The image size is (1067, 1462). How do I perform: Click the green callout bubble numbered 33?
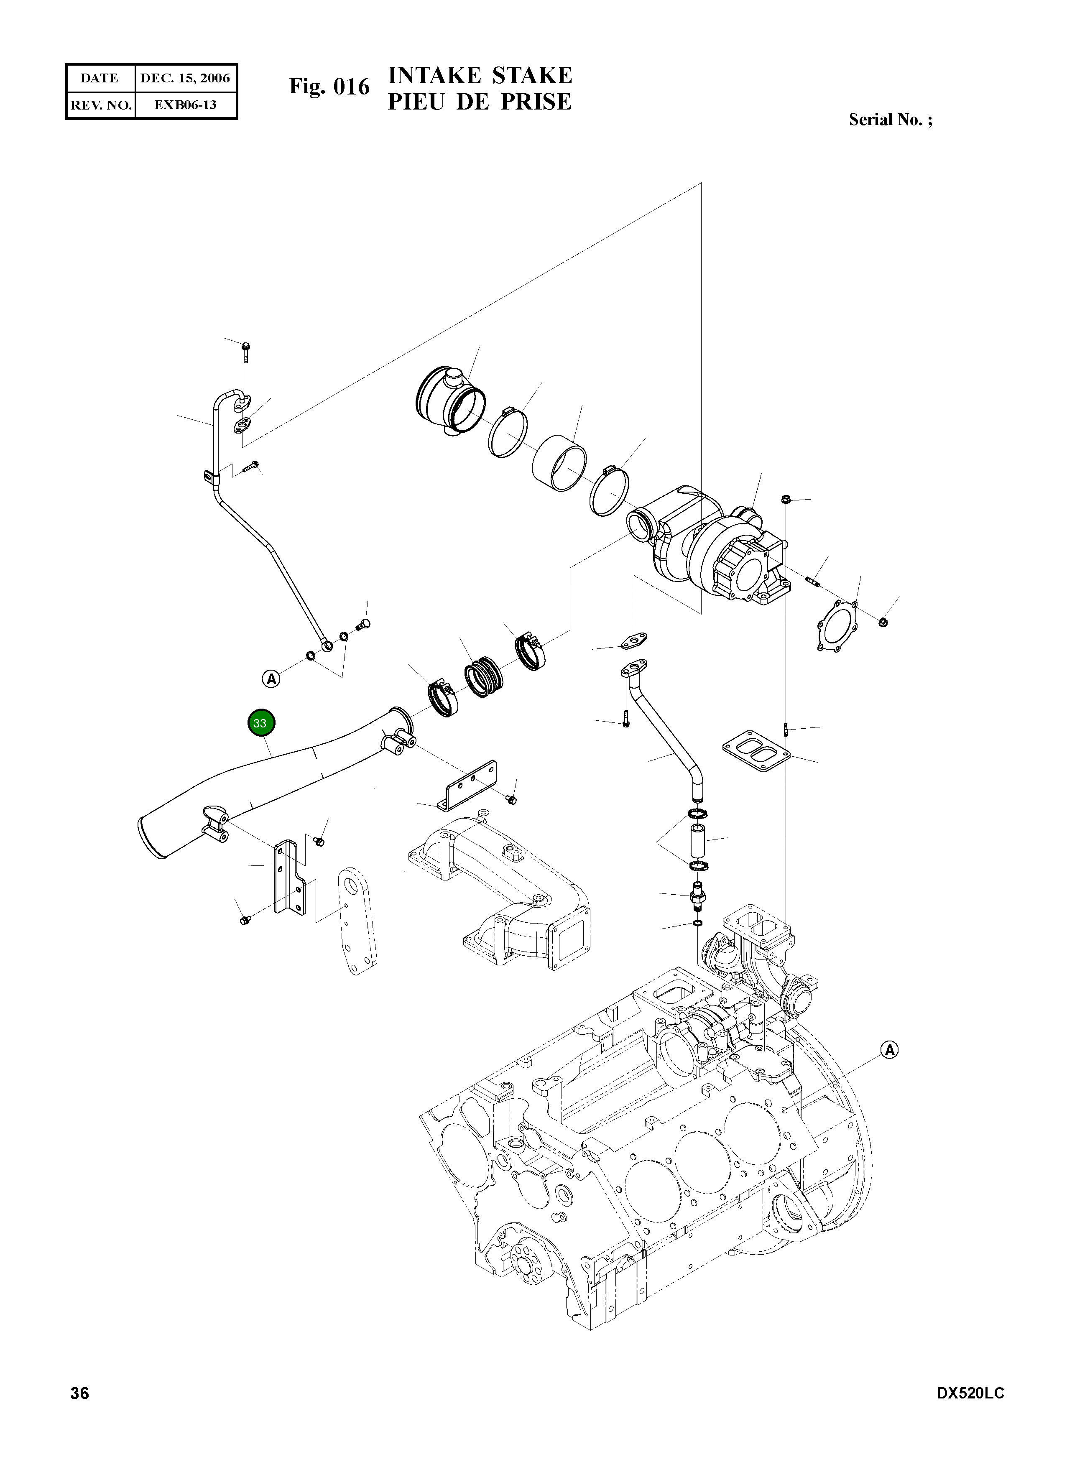pyautogui.click(x=260, y=723)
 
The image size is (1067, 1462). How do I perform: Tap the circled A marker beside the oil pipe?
pyautogui.click(x=272, y=679)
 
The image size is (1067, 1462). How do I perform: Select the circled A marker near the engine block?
pyautogui.click(x=889, y=1050)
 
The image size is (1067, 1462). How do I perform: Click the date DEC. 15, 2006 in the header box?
pyautogui.click(x=185, y=79)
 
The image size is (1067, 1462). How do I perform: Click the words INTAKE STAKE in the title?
pyautogui.click(x=480, y=76)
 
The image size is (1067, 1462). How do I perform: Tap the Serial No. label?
pyautogui.click(x=890, y=120)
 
